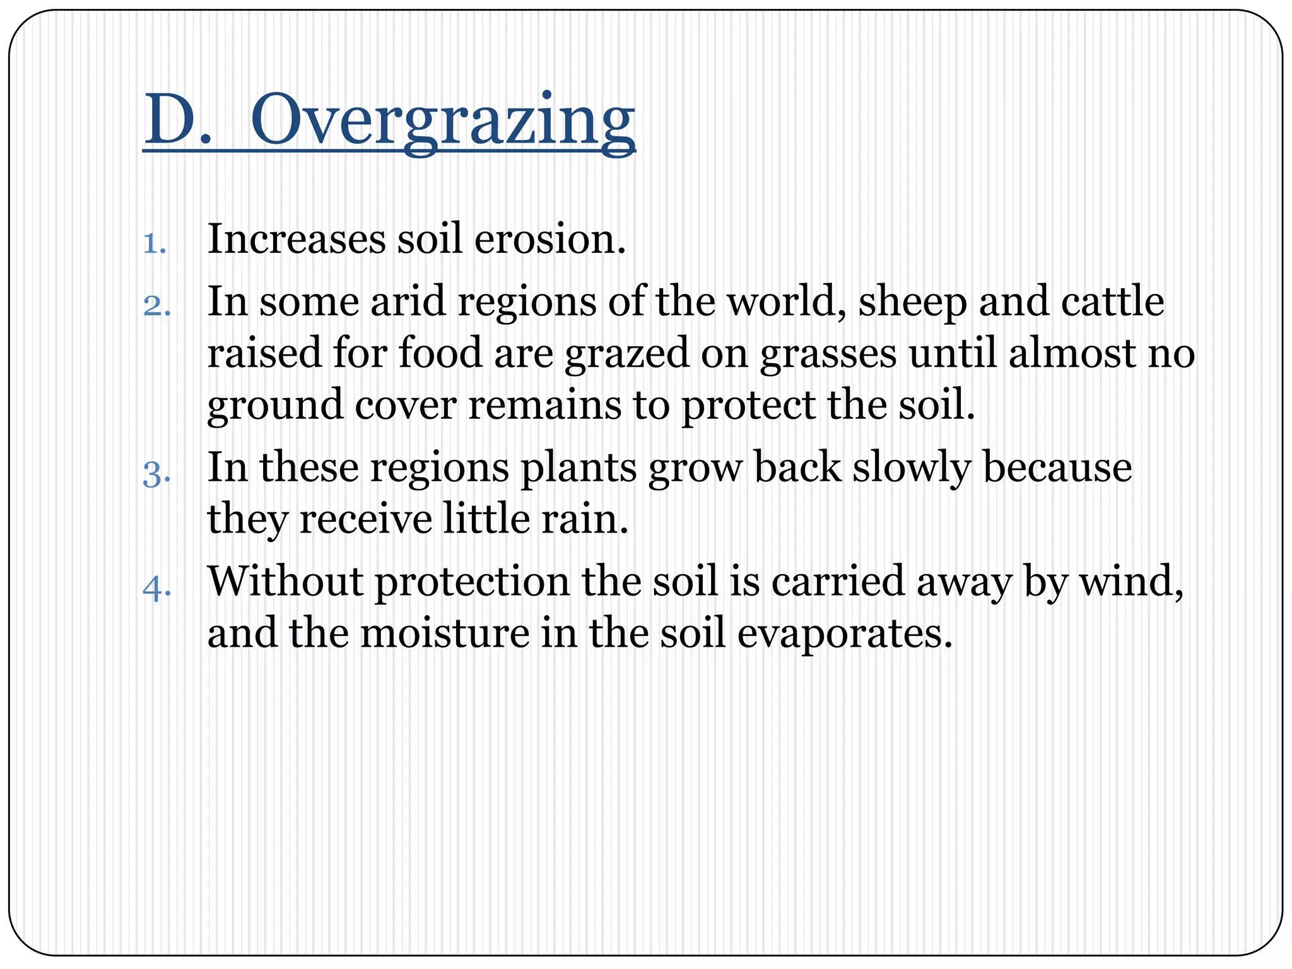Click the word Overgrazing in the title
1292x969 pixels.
coord(443,120)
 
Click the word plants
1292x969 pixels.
coord(578,469)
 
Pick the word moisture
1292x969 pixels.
coord(445,633)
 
